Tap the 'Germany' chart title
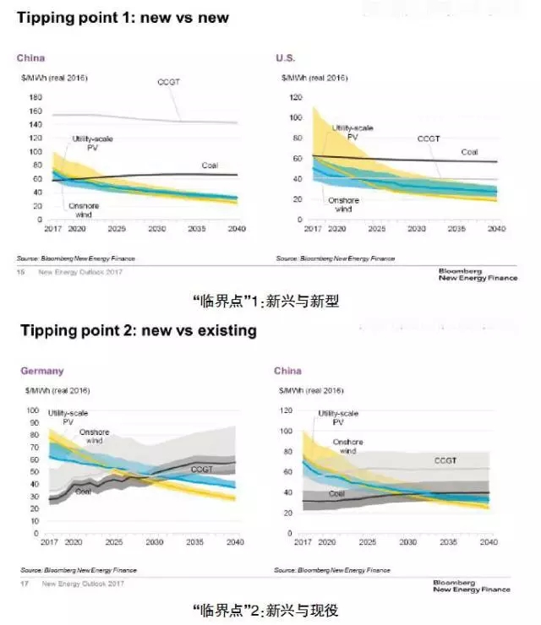coord(41,371)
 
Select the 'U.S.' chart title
coord(285,57)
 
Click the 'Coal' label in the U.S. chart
coord(469,152)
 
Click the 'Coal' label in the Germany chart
coord(83,491)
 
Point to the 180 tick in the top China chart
coord(36,97)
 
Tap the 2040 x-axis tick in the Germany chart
coord(236,541)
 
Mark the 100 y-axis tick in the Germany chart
coord(34,410)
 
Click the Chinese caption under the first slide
coord(265,301)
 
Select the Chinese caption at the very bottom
coord(265,609)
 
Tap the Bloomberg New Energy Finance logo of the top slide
coord(478,274)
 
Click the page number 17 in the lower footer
coord(20,584)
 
